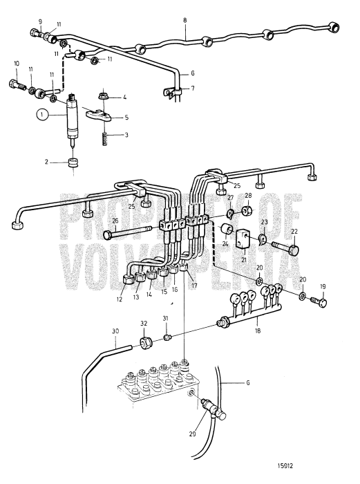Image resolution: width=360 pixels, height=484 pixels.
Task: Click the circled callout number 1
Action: [44, 116]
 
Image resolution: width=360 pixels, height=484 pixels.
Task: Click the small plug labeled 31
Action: [168, 337]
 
